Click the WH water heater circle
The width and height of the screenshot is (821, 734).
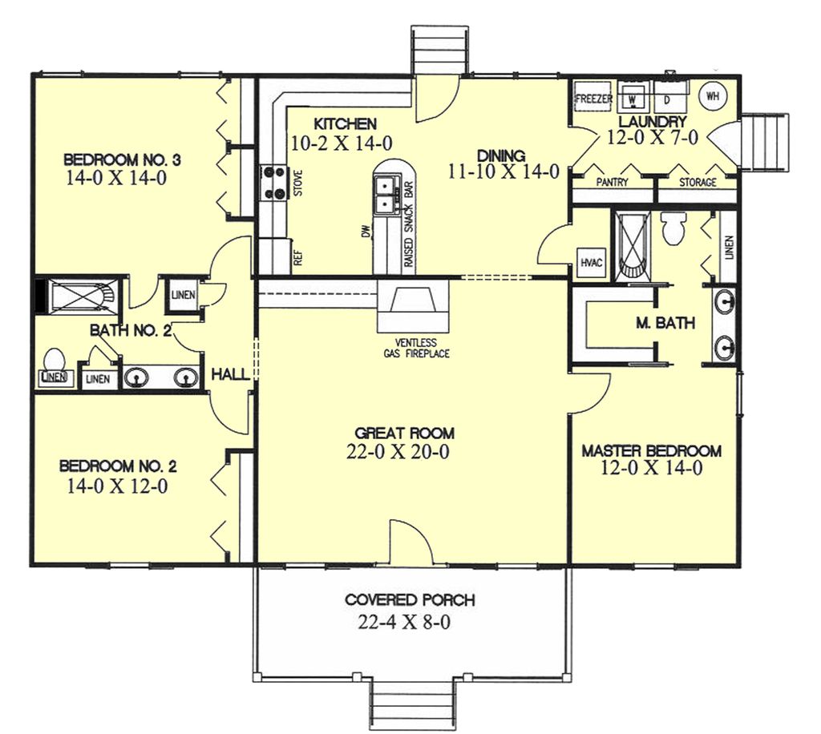[712, 96]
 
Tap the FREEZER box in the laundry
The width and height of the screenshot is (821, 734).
[594, 99]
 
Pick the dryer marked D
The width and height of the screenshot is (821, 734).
[667, 99]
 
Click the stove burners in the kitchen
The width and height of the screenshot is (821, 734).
[272, 182]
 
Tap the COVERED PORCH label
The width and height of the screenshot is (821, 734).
[410, 599]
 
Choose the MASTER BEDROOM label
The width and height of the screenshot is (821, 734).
[651, 451]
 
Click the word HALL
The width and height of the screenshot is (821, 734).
[229, 374]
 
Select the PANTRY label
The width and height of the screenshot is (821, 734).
[613, 183]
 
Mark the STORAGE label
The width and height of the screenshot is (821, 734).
[698, 183]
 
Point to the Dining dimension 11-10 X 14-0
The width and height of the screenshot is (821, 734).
[503, 171]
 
